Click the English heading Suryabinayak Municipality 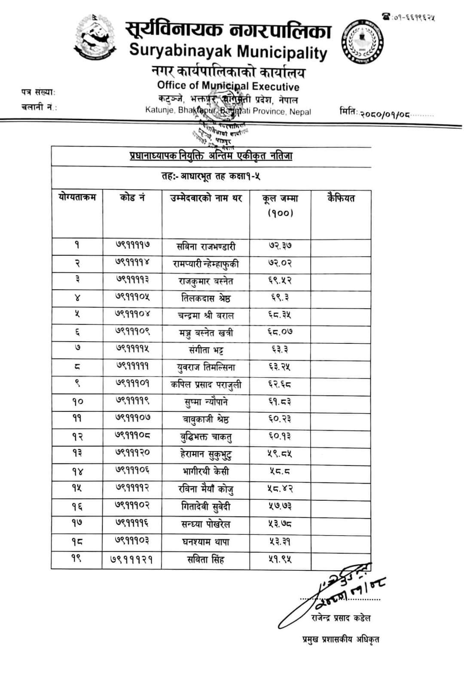[228, 52]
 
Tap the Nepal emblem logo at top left [96, 37]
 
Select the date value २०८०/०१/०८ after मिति [385, 114]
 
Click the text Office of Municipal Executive [228, 86]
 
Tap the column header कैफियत [341, 198]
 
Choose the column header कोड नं [132, 198]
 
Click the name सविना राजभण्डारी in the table [206, 247]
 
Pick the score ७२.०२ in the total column [280, 263]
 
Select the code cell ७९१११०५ [132, 297]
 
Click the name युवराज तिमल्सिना [206, 368]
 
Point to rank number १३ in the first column [77, 453]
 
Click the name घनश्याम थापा [206, 542]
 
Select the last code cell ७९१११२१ [132, 560]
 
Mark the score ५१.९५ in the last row [280, 560]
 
